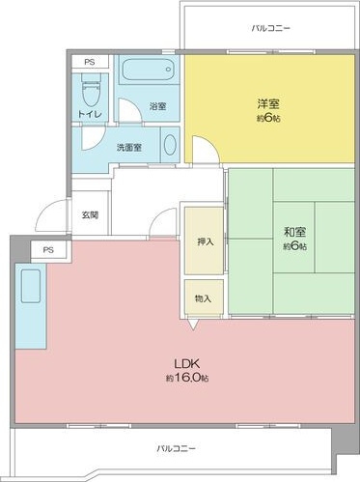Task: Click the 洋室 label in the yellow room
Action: click(x=268, y=104)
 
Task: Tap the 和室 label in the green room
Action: click(x=294, y=232)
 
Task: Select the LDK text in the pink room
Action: click(x=187, y=364)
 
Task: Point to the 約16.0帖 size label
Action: click(x=187, y=378)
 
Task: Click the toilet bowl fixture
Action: click(x=91, y=90)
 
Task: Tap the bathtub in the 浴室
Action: click(x=148, y=70)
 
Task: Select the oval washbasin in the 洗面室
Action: click(x=170, y=145)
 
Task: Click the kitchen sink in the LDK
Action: click(x=31, y=286)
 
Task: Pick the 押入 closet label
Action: click(x=206, y=241)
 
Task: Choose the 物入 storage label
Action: click(x=203, y=298)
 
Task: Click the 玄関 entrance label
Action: click(x=90, y=214)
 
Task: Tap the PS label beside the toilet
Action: click(x=90, y=62)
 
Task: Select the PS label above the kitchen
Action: click(x=48, y=250)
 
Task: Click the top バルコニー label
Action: click(x=271, y=28)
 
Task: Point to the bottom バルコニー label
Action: click(x=176, y=448)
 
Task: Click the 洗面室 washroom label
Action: click(x=129, y=148)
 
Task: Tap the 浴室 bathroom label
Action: click(x=157, y=106)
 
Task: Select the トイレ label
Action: click(x=90, y=114)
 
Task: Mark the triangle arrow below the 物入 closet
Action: click(x=192, y=324)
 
